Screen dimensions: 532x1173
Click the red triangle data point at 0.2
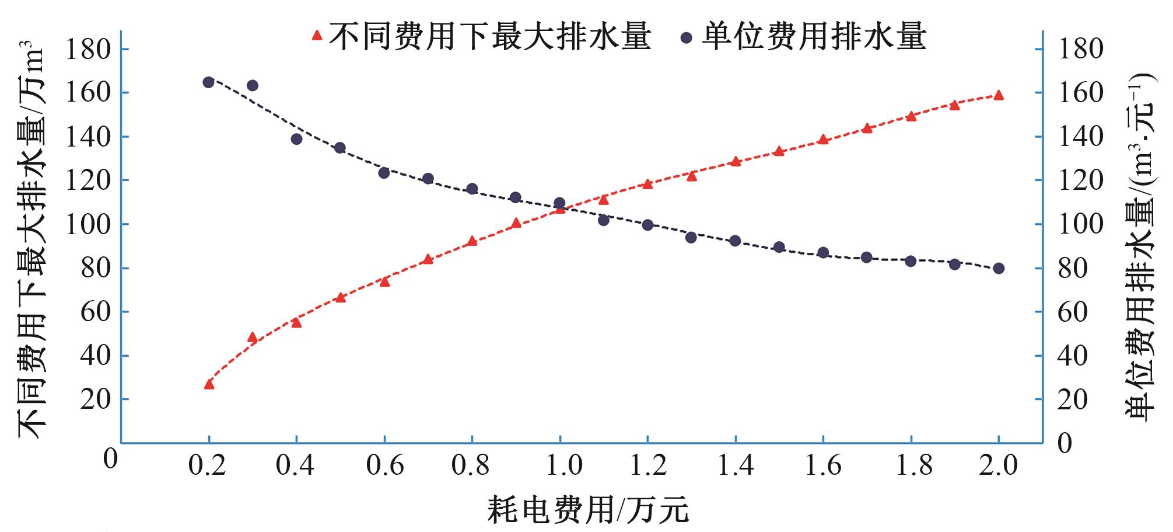point(209,384)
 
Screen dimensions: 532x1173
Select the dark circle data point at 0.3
point(253,86)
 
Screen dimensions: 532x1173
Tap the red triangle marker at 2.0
point(999,95)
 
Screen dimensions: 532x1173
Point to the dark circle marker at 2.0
point(999,268)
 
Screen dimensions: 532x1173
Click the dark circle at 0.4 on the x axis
point(296,139)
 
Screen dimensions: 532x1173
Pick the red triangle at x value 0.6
point(384,281)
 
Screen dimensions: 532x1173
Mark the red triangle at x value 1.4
point(736,162)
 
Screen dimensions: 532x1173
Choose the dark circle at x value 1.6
point(823,253)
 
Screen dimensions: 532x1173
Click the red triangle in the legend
point(317,36)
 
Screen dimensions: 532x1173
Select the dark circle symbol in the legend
point(686,37)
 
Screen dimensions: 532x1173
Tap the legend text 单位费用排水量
point(814,36)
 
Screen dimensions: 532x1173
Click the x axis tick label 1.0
point(560,465)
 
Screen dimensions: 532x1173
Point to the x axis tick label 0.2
point(209,465)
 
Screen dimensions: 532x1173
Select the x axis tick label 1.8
point(911,465)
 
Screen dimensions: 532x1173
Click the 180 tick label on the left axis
point(87,49)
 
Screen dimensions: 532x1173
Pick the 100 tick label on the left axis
point(87,224)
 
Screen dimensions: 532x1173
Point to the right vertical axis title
point(1140,245)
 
